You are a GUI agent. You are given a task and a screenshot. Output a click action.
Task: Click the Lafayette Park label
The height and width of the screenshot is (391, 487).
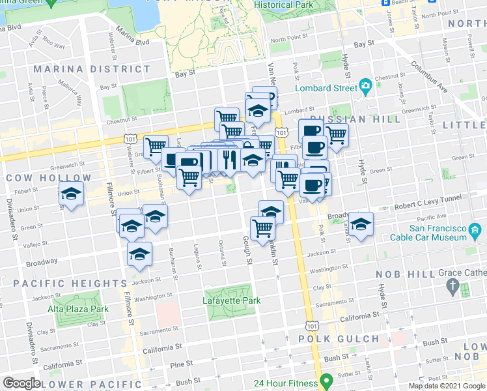click(231, 300)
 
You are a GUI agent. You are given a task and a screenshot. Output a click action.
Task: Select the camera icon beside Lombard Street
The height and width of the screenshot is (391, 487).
click(365, 86)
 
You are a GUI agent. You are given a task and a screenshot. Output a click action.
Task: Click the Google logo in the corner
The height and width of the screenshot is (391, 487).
click(21, 383)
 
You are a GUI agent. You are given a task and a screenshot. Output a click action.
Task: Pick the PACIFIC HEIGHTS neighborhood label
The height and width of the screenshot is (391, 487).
click(70, 283)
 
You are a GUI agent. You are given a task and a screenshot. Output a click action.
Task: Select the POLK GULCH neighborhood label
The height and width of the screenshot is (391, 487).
click(339, 339)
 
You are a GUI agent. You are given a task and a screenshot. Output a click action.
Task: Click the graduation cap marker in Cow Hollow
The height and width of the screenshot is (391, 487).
click(72, 194)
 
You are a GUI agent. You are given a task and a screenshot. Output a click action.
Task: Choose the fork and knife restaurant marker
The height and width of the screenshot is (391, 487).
click(228, 158)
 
